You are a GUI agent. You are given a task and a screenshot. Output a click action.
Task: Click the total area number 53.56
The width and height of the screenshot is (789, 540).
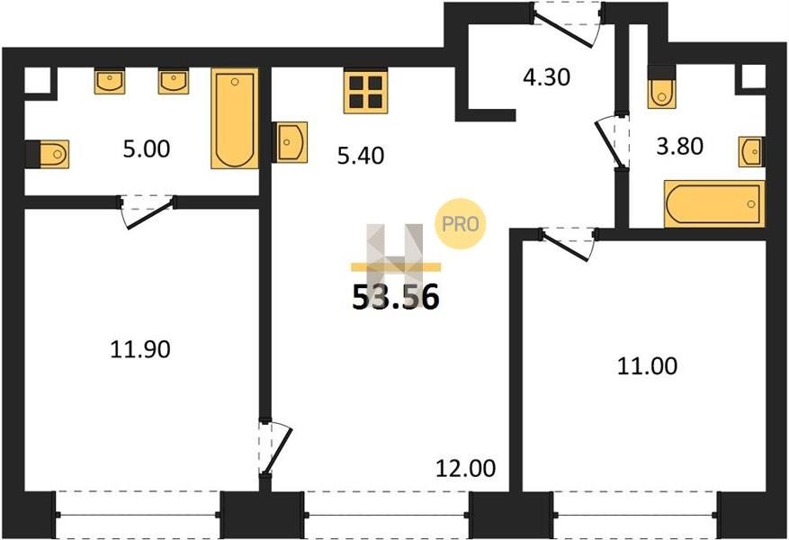(x=396, y=297)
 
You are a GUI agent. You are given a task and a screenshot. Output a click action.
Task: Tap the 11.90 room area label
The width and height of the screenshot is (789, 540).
(x=139, y=349)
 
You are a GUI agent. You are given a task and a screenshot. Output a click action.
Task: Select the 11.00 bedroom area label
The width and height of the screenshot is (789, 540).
(x=647, y=366)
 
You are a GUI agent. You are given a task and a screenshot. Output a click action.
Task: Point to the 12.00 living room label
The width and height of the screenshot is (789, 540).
(x=465, y=469)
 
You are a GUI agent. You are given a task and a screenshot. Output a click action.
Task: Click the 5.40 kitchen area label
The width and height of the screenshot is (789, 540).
(x=360, y=156)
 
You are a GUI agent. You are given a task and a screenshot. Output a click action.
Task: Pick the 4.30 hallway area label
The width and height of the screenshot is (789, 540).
(x=546, y=77)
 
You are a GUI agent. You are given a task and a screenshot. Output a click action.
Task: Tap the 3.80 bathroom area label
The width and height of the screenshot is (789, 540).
(x=680, y=147)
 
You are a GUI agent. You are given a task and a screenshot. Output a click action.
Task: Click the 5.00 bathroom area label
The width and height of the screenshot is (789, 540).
(x=147, y=149)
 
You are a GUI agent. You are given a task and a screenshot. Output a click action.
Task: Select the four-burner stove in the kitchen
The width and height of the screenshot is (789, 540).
(x=366, y=91)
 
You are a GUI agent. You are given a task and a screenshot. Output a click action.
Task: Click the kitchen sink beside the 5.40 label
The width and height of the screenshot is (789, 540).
(x=291, y=142)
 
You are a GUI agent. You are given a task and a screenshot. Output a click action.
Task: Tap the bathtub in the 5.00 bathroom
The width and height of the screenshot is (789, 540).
(x=235, y=119)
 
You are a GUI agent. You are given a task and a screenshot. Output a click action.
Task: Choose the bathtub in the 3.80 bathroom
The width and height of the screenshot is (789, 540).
(x=714, y=203)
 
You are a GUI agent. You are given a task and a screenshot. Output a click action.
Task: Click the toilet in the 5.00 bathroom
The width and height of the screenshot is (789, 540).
(x=48, y=154)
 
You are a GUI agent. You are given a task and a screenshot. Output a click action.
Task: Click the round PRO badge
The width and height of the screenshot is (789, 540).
(x=460, y=224)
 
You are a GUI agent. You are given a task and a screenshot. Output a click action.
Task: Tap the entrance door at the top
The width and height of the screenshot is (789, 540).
(x=567, y=23)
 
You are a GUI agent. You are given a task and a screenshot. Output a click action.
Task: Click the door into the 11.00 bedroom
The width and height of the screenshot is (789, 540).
(x=567, y=244)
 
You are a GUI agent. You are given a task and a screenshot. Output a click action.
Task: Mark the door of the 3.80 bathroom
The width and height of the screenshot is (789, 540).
(x=613, y=143)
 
